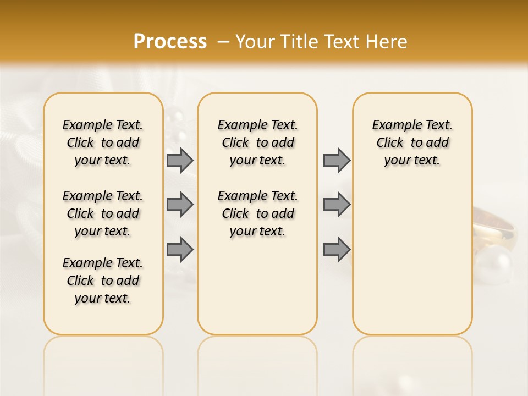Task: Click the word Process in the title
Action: pos(170,42)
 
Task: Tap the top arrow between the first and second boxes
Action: pos(180,160)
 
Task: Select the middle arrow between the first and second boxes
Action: pos(180,205)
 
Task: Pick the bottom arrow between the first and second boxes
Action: pos(180,249)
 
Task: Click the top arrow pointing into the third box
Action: pos(337,160)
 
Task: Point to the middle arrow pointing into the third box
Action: pos(337,205)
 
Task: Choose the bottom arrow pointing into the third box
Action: pos(337,249)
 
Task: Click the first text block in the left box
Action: pos(103,142)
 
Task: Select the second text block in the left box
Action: pos(103,213)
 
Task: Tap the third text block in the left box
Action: pos(103,280)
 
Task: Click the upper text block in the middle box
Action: pos(257,142)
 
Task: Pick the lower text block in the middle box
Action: pos(257,213)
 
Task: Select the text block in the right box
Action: pos(412,142)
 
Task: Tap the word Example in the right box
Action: pos(392,125)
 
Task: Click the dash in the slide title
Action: pos(224,42)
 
